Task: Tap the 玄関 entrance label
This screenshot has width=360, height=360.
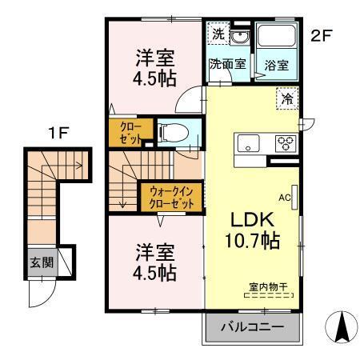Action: pos(41,262)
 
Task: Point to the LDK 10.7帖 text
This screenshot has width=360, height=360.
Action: pos(255,229)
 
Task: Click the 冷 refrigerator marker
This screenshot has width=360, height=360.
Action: pos(287,99)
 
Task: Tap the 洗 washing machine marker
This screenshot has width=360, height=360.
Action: pos(218,34)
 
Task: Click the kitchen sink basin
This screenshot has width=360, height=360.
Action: pos(247,145)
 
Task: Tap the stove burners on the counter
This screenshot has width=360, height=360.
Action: pos(286,144)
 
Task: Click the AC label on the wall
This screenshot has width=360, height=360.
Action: pos(284,195)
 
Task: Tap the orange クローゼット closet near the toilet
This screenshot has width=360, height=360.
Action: pos(130,133)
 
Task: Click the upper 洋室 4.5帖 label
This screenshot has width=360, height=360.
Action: pos(155,66)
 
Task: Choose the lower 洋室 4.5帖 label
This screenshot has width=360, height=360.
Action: pos(155,260)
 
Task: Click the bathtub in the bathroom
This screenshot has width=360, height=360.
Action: pos(280,37)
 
